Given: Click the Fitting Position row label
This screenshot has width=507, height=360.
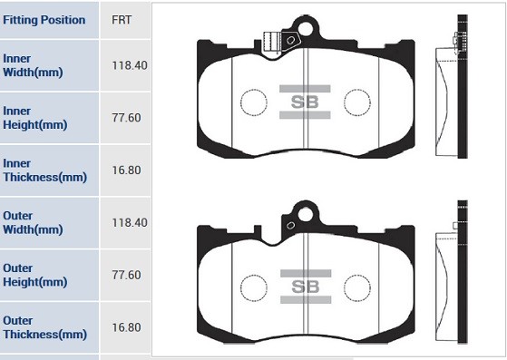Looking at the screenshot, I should pos(44,20).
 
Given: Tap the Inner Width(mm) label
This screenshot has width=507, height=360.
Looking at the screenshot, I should pos(33,65).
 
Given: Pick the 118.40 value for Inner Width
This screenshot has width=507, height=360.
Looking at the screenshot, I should pos(128,65).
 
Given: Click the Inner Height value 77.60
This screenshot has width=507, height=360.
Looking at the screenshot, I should pos(128,118).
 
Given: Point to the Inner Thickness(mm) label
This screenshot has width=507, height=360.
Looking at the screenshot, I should pos(44,170).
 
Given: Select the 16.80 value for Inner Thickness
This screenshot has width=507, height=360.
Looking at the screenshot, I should pos(128,170).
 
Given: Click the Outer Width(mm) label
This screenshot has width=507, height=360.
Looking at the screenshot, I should pos(33,222).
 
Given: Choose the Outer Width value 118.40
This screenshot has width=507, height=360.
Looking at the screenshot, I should pos(128,222).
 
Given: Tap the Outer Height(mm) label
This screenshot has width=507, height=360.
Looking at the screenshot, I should pos(34,275).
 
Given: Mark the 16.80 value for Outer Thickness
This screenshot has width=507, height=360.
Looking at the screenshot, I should pos(128,326).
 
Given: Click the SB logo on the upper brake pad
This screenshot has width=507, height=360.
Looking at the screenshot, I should pos(305,102).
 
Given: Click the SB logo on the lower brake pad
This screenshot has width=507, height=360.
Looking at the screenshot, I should pos(305,287).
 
